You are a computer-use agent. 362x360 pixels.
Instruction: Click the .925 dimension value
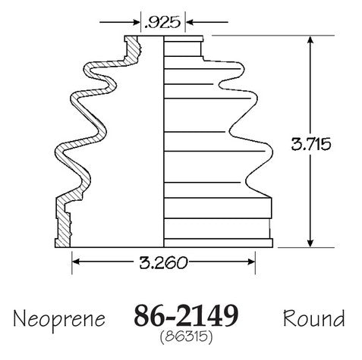162,22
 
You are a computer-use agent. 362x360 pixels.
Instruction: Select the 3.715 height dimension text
311,144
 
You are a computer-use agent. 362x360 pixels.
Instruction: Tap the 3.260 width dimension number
163,262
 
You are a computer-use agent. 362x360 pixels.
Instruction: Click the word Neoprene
59,319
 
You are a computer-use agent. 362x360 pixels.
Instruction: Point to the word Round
313,318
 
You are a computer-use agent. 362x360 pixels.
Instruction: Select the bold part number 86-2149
186,316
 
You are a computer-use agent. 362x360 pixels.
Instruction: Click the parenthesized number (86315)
186,337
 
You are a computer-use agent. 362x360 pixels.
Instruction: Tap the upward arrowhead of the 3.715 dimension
310,40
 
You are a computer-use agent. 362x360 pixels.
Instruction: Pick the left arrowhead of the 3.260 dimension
77,261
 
